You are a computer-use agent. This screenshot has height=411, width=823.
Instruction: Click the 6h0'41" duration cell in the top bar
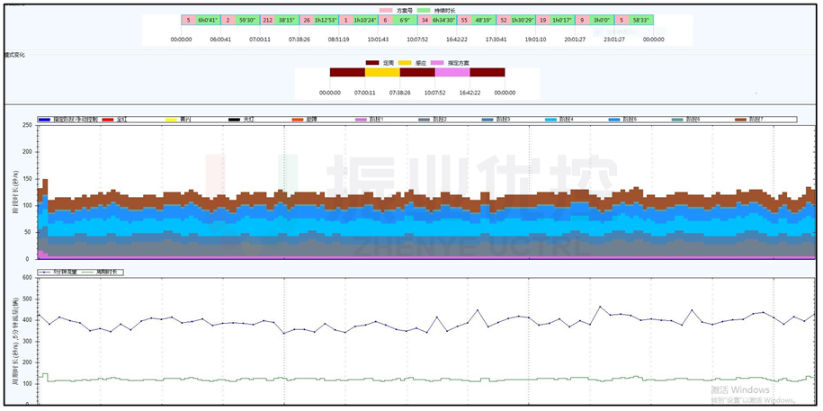(x=209, y=20)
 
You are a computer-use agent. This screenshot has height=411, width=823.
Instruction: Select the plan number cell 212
(x=268, y=20)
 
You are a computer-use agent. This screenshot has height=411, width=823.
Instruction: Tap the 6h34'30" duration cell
(x=443, y=20)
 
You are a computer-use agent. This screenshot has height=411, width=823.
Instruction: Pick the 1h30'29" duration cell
(x=523, y=20)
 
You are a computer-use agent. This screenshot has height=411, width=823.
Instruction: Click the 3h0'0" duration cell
(x=603, y=20)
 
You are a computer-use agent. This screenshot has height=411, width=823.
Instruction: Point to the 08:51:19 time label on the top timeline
(x=339, y=40)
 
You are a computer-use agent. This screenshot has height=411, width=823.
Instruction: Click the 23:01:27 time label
(x=614, y=40)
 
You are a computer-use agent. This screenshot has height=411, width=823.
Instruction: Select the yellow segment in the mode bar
(x=382, y=73)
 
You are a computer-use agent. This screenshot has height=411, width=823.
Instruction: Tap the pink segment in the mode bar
(x=452, y=73)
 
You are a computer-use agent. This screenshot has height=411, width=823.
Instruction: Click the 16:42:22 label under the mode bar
(x=470, y=93)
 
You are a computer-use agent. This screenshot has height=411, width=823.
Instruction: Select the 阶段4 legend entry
(x=559, y=120)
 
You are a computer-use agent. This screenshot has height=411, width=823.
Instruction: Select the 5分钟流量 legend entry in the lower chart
(x=59, y=272)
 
